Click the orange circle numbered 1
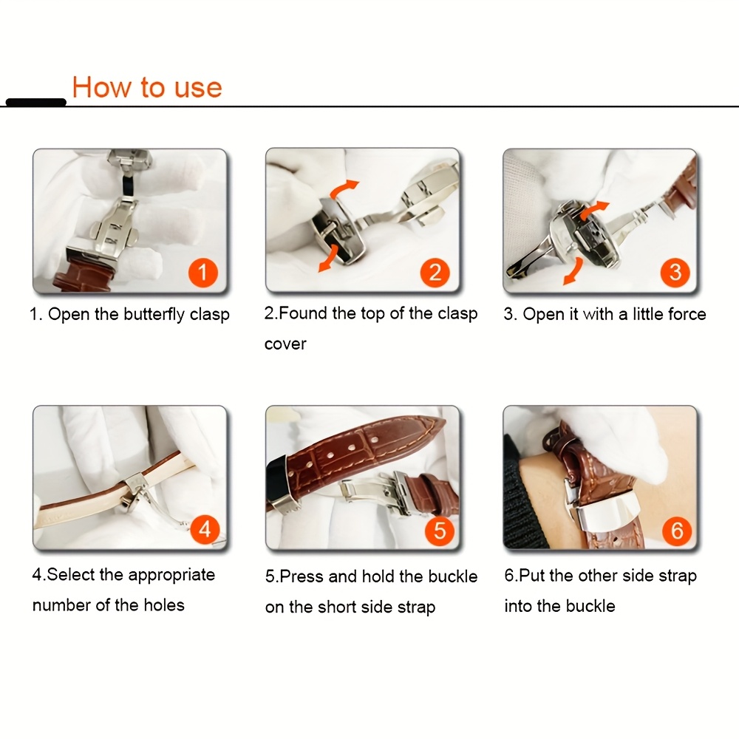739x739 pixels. coord(202,273)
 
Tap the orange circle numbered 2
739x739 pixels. coord(435,272)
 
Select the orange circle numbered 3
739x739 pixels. coord(675,272)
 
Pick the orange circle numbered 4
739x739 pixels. coord(205,528)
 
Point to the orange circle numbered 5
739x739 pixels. coord(439,530)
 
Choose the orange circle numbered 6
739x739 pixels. coord(676,530)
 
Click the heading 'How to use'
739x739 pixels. coord(147,87)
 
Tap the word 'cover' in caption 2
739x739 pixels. coord(285,344)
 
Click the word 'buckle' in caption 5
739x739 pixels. coord(452,576)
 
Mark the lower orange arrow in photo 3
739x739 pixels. coord(569,274)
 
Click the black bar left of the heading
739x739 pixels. coord(35,102)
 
